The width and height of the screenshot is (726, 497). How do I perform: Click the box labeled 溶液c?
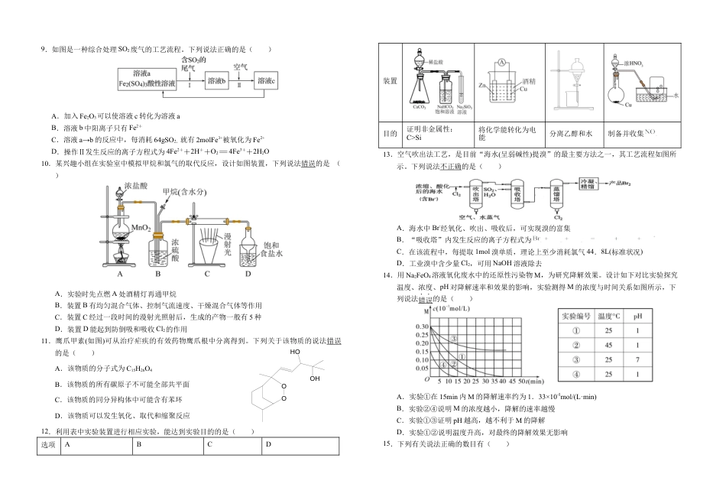tap(266, 80)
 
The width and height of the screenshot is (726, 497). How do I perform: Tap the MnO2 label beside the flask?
tap(140, 227)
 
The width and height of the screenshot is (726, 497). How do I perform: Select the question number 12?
tap(45, 431)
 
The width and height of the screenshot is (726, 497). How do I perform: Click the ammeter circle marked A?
tap(501, 60)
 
